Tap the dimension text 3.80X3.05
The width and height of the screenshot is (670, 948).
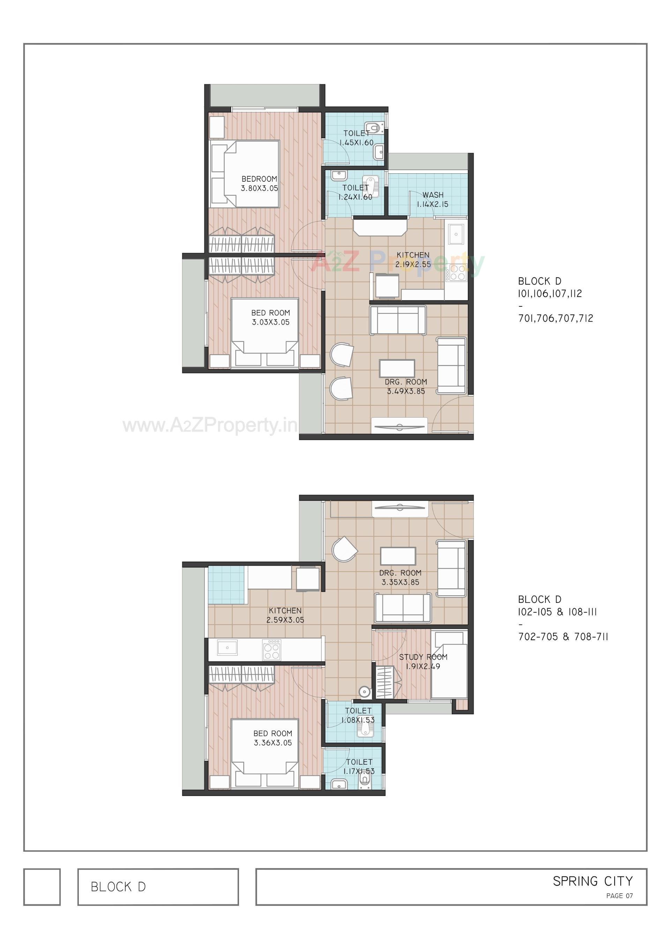[x=259, y=188]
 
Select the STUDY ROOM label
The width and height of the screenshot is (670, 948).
[x=423, y=657]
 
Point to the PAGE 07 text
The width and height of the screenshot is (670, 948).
[x=619, y=896]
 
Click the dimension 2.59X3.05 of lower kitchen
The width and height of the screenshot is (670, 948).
[x=285, y=620]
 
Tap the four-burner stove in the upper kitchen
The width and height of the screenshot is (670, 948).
[x=457, y=273]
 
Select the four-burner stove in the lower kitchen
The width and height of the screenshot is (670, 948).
[x=271, y=650]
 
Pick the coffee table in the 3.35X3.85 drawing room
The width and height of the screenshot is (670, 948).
[x=398, y=556]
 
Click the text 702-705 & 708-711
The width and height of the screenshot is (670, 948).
[x=563, y=637]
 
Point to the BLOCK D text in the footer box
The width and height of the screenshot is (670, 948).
[x=118, y=887]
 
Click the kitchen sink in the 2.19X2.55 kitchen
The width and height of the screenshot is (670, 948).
[x=456, y=234]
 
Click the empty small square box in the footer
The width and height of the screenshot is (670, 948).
[x=42, y=887]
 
